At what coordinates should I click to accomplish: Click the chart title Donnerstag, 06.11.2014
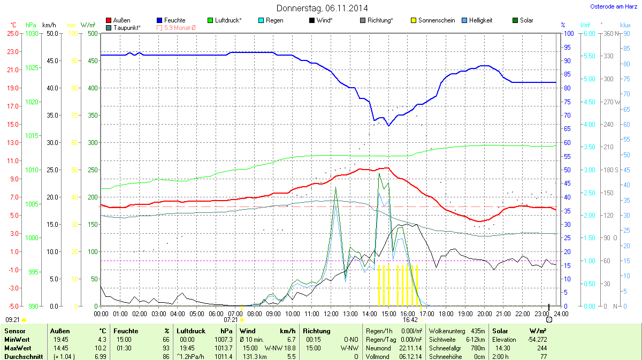point(322,8)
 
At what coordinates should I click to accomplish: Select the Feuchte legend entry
point(174,20)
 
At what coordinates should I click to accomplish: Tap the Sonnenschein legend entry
point(437,20)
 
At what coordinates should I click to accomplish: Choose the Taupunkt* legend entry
point(127,27)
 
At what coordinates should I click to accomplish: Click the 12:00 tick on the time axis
point(331,313)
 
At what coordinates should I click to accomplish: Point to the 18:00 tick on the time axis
point(446,313)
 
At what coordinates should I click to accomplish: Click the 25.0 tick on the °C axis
point(12,33)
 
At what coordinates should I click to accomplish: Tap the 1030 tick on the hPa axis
point(32,33)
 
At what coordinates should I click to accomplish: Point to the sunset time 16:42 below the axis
point(410,319)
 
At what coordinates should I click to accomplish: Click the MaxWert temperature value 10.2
point(102,348)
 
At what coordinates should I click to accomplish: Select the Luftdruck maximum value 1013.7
point(224,348)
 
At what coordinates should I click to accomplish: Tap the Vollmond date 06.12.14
point(410,356)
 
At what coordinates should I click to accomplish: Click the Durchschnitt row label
point(23,356)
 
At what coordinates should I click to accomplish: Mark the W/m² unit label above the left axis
point(88,25)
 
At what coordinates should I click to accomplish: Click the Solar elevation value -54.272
point(537,339)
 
